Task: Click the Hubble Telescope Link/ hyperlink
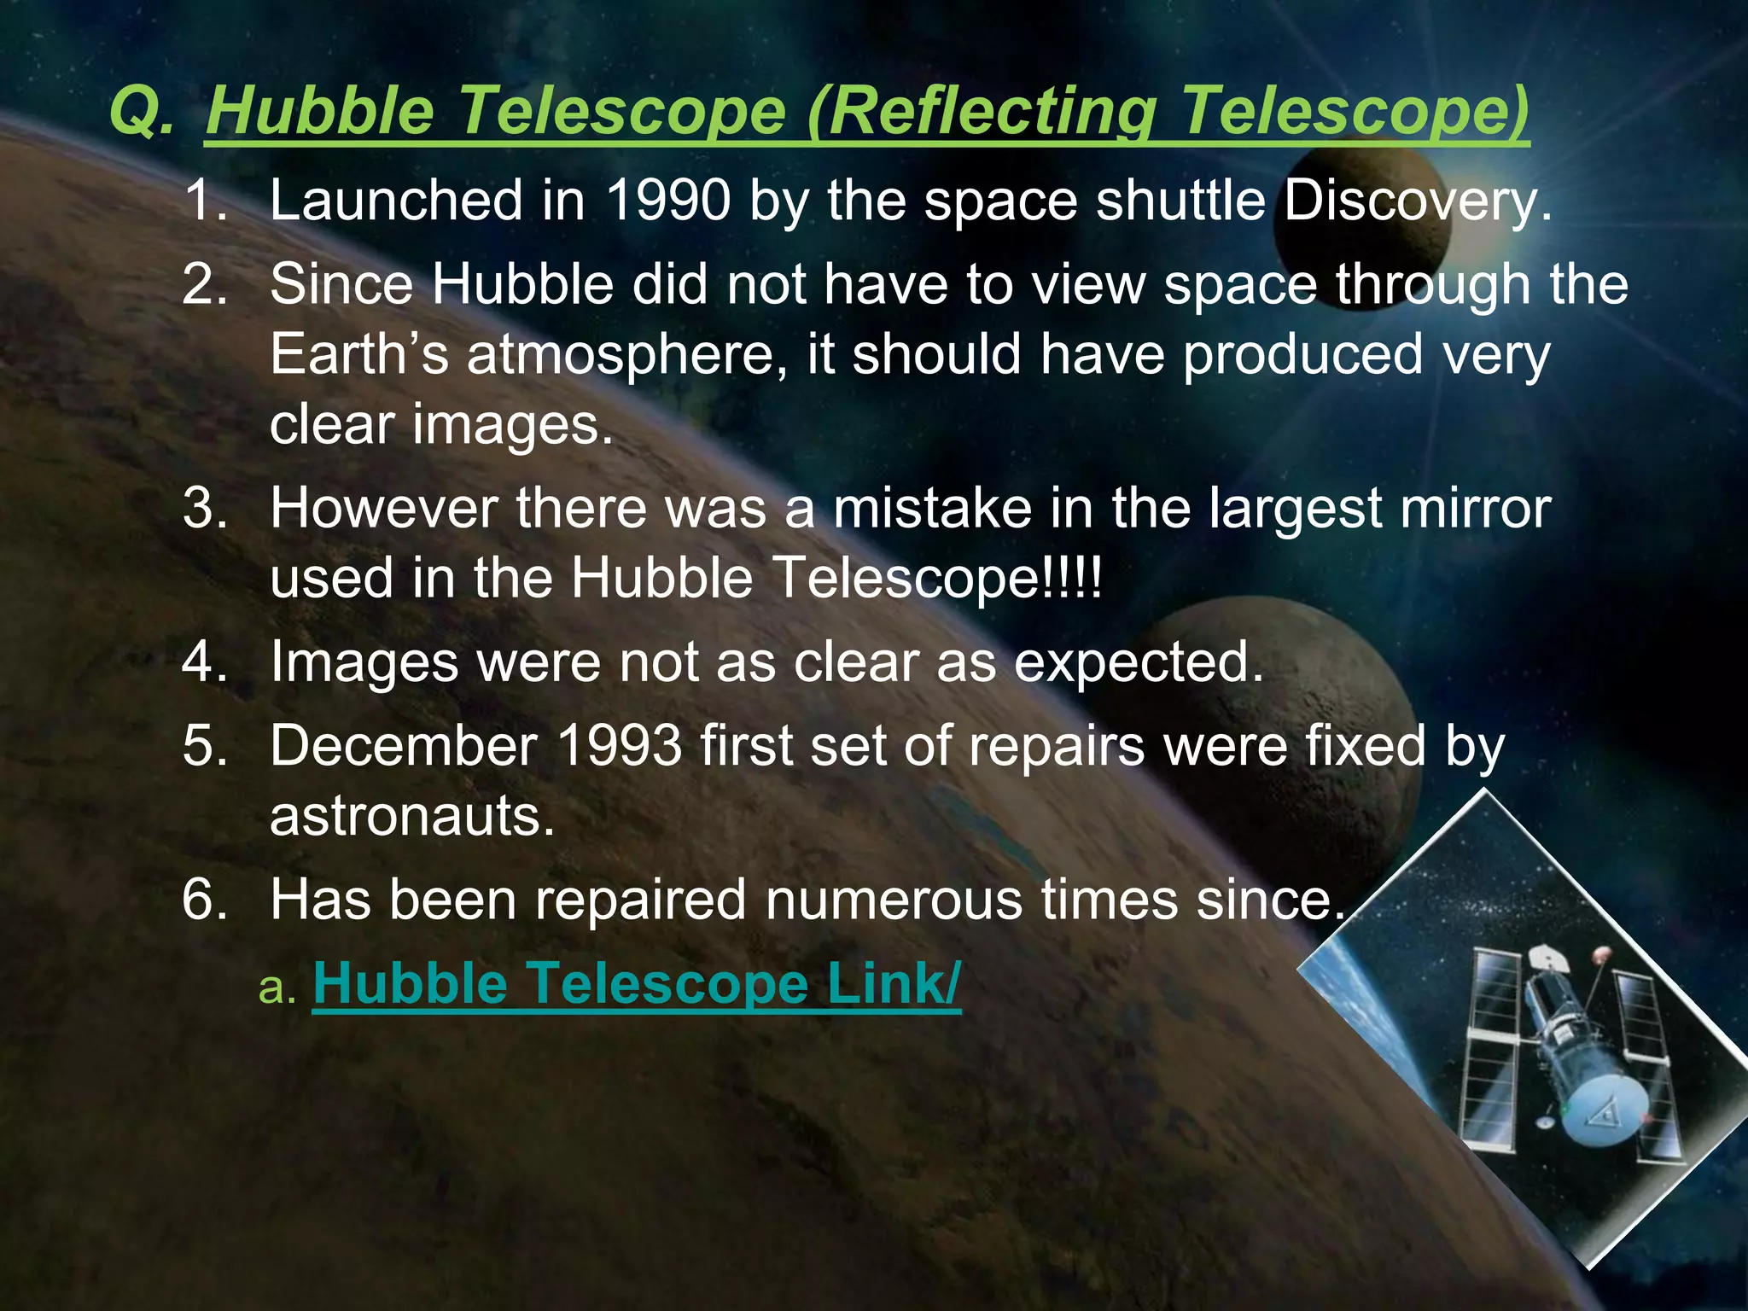(x=637, y=984)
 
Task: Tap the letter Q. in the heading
(x=142, y=112)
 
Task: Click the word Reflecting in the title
(x=990, y=112)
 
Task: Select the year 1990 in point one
(x=668, y=201)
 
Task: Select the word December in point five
(x=403, y=746)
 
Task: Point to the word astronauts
(x=412, y=816)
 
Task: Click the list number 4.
(x=203, y=661)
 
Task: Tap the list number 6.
(x=203, y=900)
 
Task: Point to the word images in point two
(x=512, y=424)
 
